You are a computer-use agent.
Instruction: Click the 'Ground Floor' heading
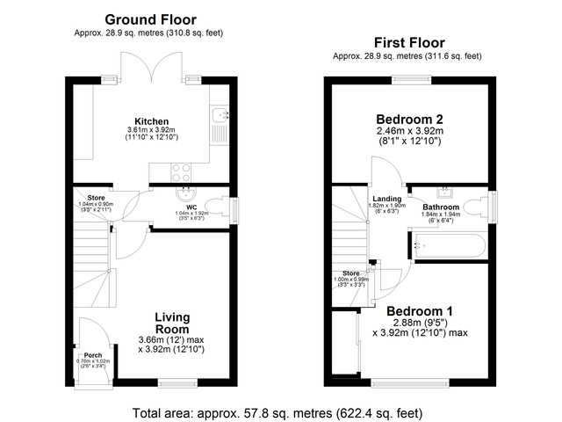tap(150, 19)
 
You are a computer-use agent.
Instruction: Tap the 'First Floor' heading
tap(408, 42)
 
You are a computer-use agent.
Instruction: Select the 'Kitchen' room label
tap(151, 121)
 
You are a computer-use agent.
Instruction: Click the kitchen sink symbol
tap(220, 115)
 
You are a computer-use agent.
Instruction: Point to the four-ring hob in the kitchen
tap(181, 171)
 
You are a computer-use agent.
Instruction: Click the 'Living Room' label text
tap(174, 323)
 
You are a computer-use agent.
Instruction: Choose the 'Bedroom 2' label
tap(408, 120)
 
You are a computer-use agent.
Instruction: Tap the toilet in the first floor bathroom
tap(475, 207)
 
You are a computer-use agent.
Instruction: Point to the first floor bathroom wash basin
tap(444, 191)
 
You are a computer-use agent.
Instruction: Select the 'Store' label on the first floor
tap(351, 273)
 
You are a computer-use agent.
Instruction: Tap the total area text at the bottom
tap(277, 412)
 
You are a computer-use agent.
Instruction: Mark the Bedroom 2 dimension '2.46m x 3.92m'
tap(408, 131)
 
